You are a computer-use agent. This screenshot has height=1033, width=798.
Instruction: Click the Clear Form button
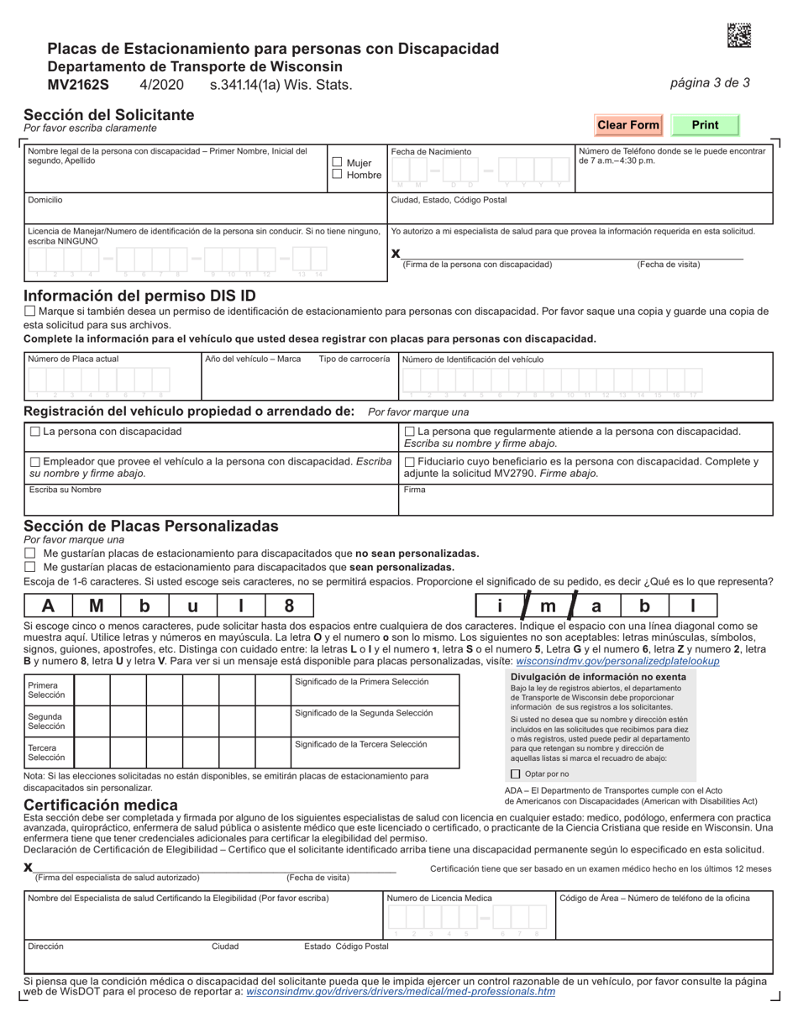[x=627, y=125]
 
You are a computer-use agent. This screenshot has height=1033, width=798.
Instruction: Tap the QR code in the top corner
[x=738, y=34]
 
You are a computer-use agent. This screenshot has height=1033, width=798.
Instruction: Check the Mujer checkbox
[x=337, y=162]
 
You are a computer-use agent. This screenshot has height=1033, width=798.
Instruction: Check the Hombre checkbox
[x=337, y=175]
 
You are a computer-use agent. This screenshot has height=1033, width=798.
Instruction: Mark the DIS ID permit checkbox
[x=30, y=311]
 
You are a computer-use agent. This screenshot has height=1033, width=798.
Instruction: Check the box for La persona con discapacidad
[x=34, y=432]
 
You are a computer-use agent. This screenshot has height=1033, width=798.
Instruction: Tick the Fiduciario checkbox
[x=410, y=462]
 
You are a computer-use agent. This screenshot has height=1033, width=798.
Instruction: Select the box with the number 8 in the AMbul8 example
[x=289, y=606]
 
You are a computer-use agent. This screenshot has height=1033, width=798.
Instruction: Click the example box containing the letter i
[x=499, y=606]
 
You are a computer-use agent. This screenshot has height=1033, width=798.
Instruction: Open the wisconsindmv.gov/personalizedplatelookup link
[x=617, y=661]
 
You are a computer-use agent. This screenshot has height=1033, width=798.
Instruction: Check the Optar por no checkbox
[x=516, y=774]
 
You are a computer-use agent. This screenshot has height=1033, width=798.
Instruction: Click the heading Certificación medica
[x=101, y=805]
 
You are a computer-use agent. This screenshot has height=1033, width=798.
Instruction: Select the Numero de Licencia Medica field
[x=469, y=920]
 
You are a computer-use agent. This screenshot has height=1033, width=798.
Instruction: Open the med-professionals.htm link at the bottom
[x=400, y=991]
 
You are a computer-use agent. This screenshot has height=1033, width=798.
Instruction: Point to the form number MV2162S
[x=78, y=85]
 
